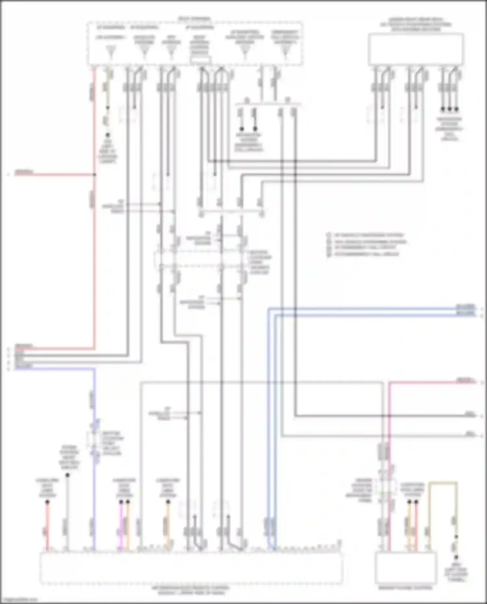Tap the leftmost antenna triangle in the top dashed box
pyautogui.click(x=111, y=51)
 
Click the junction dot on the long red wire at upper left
pyautogui.click(x=94, y=175)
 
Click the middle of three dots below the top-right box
pyautogui.click(x=449, y=109)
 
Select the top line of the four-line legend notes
pyautogui.click(x=368, y=235)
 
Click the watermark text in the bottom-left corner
pyautogui.click(x=19, y=600)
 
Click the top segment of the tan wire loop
pyautogui.click(x=443, y=483)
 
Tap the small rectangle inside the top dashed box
pyautogui.click(x=200, y=60)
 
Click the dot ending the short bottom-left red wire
pyautogui.click(x=47, y=502)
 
